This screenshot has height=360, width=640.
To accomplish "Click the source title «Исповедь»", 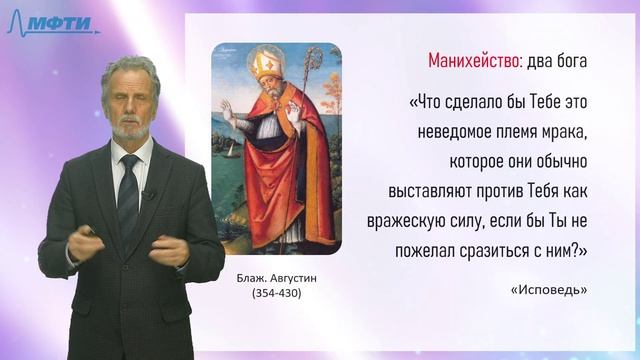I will pyautogui.click(x=549, y=290).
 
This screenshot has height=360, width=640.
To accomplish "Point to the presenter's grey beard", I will pyautogui.click(x=127, y=129).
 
